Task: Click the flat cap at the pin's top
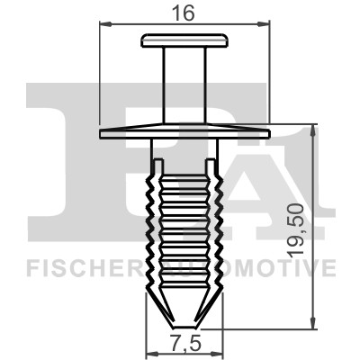point(184,40)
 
